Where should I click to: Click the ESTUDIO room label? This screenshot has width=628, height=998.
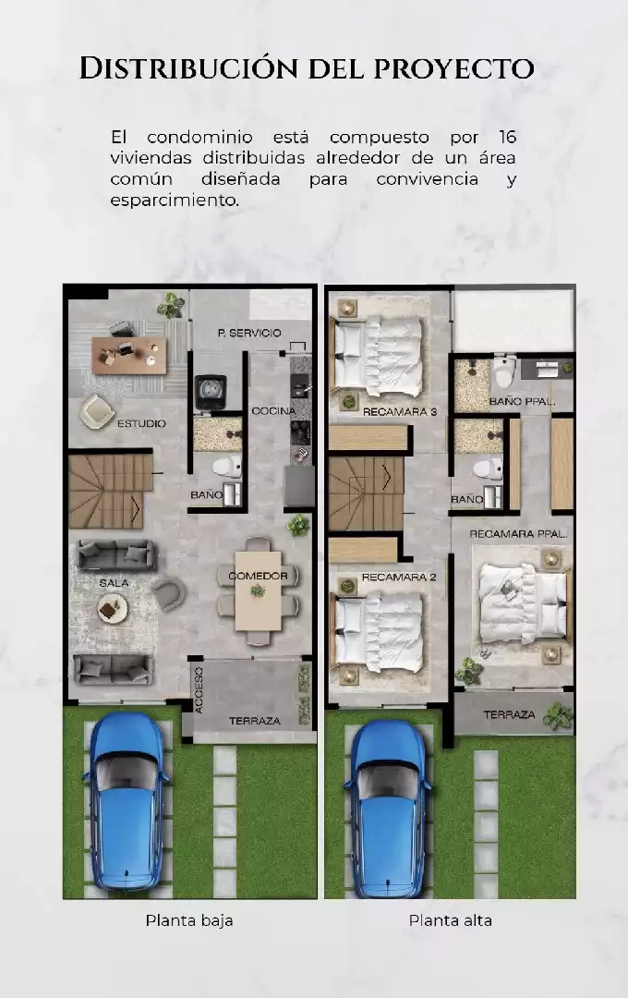(x=141, y=423)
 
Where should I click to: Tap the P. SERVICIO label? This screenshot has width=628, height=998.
(x=248, y=333)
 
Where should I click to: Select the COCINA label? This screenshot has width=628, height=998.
(x=273, y=411)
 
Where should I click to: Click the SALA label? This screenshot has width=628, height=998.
(x=114, y=583)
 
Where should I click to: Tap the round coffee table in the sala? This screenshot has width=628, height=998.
(x=114, y=609)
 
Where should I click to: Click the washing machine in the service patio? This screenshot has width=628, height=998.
(x=211, y=392)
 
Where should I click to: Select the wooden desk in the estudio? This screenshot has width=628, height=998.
(x=129, y=355)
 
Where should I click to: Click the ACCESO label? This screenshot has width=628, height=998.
(x=199, y=690)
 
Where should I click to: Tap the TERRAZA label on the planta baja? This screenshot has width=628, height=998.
(x=255, y=721)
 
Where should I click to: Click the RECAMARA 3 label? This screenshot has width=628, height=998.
(x=400, y=412)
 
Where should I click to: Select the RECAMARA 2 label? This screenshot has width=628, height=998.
(x=399, y=578)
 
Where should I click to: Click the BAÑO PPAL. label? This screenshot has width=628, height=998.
(x=523, y=402)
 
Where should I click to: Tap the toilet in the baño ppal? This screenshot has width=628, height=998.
(x=504, y=371)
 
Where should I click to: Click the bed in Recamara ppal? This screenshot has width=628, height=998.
(x=523, y=602)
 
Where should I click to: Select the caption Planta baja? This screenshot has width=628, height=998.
(x=189, y=921)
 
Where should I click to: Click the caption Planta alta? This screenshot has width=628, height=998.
(x=451, y=921)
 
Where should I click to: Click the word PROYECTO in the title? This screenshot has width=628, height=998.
(x=453, y=68)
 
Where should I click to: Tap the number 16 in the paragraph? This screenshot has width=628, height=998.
(x=507, y=138)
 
